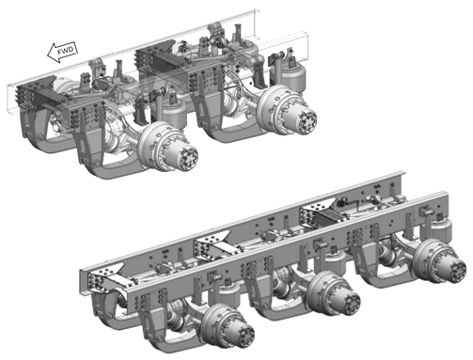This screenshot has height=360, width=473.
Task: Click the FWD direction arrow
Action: (62, 51)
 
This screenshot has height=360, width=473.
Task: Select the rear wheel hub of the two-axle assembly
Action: (287, 110)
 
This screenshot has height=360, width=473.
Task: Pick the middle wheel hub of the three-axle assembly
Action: (334, 293)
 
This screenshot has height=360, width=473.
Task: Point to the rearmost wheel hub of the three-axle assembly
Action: (439, 261)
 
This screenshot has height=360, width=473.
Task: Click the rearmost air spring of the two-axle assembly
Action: (288, 76)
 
